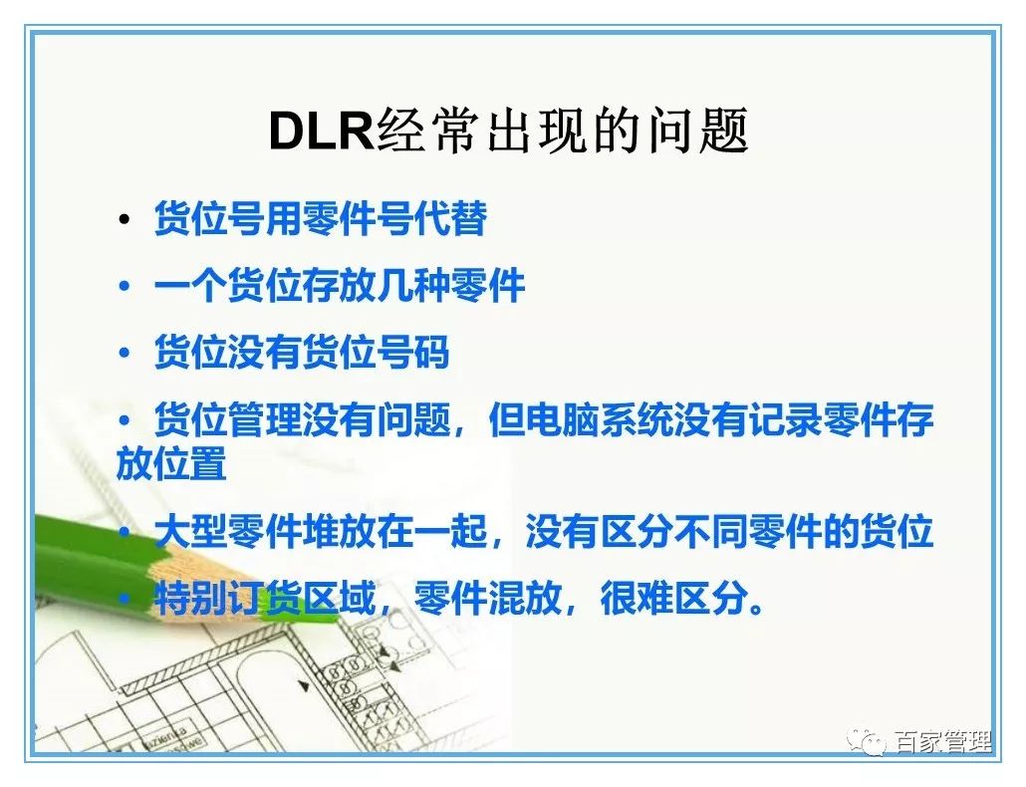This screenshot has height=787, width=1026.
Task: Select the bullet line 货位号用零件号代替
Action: click(x=320, y=219)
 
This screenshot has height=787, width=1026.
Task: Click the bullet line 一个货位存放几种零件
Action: click(x=339, y=287)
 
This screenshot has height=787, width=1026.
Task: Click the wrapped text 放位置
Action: click(x=171, y=465)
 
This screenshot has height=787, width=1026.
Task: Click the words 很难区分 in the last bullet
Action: click(x=673, y=600)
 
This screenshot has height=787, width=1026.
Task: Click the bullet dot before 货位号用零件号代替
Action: click(x=124, y=220)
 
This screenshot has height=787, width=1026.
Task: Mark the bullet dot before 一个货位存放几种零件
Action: click(x=124, y=288)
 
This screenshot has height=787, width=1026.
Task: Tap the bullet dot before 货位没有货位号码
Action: click(x=124, y=354)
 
